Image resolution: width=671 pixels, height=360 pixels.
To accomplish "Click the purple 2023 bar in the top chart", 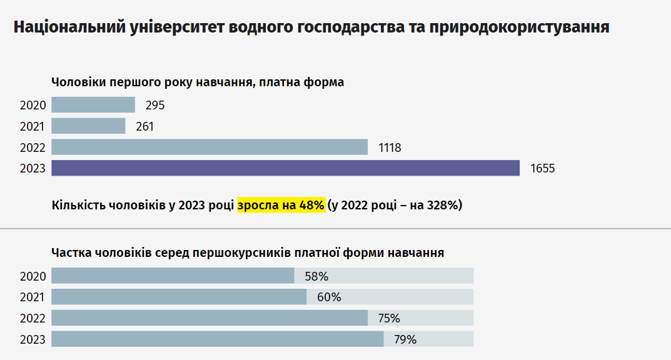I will coord(285,168).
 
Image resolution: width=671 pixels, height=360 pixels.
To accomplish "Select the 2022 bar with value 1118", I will coord(209,147).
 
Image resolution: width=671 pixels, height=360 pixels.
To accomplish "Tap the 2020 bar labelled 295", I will coord(93,105).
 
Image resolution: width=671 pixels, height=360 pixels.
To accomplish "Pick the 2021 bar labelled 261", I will coord(88,126).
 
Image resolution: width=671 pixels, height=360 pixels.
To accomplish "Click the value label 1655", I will coord(542,169).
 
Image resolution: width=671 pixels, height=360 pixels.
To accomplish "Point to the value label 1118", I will coord(390,148).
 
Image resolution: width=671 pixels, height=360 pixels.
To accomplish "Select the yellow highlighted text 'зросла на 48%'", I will coord(281,205).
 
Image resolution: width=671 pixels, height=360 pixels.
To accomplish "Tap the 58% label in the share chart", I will coord(316,276).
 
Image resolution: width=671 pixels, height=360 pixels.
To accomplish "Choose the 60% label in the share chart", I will coord(329,297).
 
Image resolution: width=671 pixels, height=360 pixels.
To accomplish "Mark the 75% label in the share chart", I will coord(389,319).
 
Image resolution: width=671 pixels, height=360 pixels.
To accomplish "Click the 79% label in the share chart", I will coord(405,340).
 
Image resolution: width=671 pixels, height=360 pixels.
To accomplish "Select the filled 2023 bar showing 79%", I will coord(217,339).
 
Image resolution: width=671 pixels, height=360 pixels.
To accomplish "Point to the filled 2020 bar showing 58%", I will coord(173,276).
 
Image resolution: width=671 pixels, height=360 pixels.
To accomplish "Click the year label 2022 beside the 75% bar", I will coord(33,319).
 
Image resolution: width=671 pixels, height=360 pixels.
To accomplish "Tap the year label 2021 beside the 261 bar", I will coord(33,127).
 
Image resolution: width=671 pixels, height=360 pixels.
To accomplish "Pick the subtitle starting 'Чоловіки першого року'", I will coord(198,82).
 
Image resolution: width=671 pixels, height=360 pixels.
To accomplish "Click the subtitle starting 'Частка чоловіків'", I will coord(248,253).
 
